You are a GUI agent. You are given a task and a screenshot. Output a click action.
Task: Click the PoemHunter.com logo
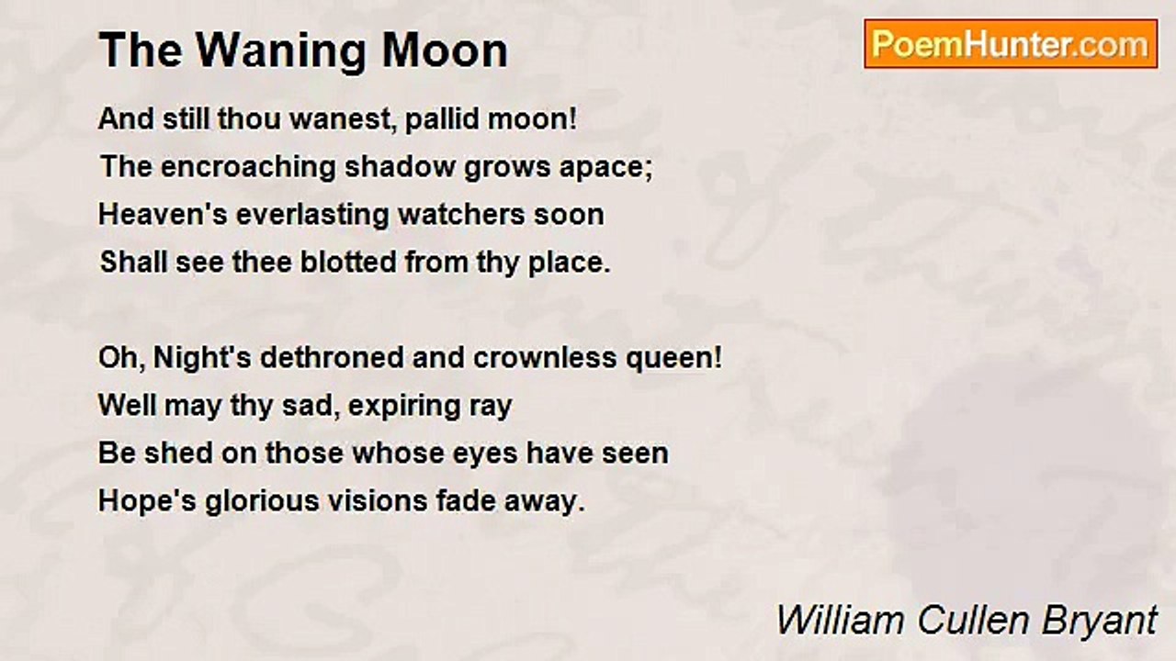(x=1011, y=43)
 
